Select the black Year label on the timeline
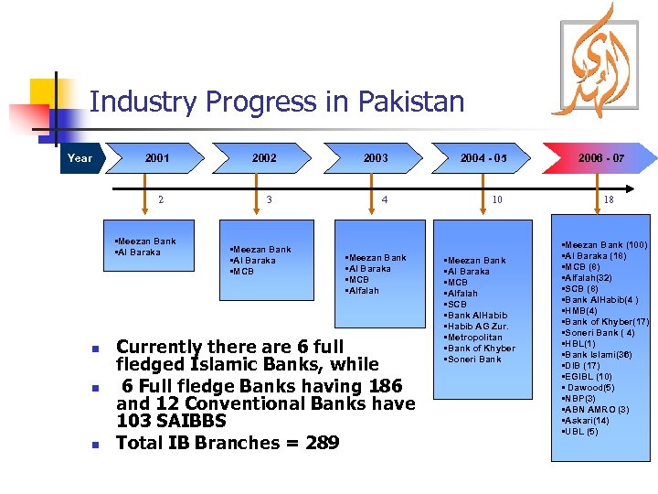(80, 158)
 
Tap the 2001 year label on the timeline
(157, 158)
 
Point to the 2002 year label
(264, 158)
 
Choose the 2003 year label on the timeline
(376, 158)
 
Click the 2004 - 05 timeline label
(483, 158)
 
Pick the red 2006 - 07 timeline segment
(601, 158)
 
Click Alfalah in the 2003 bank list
(363, 291)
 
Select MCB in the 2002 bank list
(244, 272)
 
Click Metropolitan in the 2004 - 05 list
(473, 338)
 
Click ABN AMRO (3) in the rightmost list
(598, 410)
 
